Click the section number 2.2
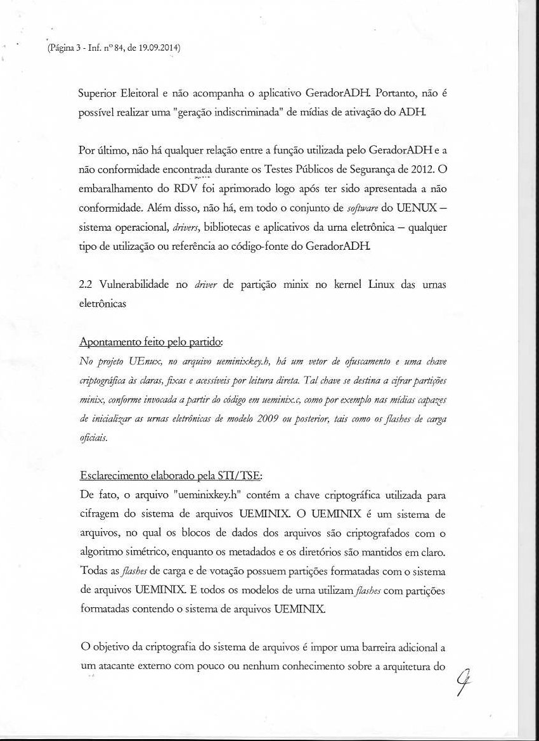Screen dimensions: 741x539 pyautogui.click(x=86, y=286)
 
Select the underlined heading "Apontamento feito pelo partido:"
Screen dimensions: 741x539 pyautogui.click(x=150, y=342)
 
